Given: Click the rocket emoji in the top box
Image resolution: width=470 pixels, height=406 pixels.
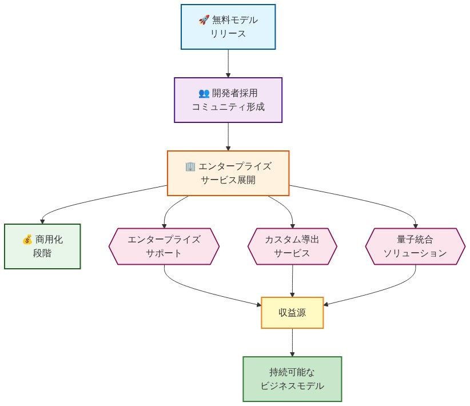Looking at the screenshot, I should coord(204,20).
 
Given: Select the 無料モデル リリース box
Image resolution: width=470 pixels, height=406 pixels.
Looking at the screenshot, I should coord(228,27).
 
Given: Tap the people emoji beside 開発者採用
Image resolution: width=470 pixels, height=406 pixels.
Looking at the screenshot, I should coord(204,93).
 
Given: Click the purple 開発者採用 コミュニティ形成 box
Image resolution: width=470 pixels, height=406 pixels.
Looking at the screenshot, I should coord(228,100).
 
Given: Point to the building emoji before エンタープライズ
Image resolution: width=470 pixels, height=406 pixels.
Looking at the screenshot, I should coord(191,166).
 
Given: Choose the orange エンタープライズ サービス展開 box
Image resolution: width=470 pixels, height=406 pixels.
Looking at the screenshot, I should coord(228,173).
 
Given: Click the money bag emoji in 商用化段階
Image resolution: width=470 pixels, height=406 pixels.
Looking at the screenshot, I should coord(27,240).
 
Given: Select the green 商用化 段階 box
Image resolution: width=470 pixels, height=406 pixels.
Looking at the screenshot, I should coord(42,246).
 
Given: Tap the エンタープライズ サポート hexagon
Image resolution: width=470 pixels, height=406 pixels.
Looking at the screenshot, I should coord(164,246).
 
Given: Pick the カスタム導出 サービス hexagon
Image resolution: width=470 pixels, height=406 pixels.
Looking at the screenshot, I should coord(292,246).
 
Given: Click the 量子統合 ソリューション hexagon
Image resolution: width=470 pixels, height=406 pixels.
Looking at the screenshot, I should coord(415,246).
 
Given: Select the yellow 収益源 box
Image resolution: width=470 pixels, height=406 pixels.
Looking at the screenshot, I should coord(292,313).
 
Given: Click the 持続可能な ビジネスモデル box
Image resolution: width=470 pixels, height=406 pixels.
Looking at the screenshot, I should coord(292,379).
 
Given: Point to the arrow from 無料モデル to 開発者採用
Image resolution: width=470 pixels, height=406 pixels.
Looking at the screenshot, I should coord(228,63).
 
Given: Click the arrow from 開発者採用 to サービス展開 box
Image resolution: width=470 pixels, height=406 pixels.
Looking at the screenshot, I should coord(228,136).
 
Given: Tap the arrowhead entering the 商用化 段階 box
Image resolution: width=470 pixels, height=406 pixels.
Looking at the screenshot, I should coord(42,221).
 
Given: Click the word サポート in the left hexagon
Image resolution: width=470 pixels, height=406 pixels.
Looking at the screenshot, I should coord(164,253).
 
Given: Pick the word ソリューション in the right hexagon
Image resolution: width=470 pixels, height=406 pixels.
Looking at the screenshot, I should coord(415,253).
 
